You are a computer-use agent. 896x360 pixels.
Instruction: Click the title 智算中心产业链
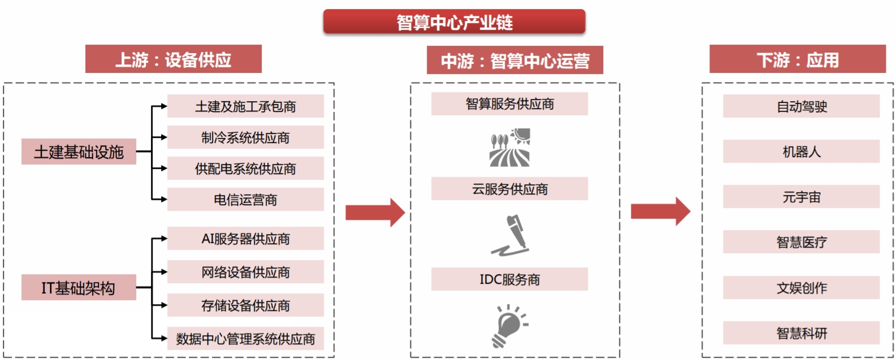pos(454,22)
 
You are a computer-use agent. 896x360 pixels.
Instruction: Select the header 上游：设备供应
pos(173,59)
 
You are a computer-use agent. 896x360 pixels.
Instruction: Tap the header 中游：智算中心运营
pos(514,60)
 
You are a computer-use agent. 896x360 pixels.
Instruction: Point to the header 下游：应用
pos(797,59)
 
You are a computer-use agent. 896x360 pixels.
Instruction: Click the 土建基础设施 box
pos(79,151)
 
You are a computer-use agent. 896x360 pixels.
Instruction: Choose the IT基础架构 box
pos(79,288)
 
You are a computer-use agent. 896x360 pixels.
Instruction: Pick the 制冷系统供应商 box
pos(245,137)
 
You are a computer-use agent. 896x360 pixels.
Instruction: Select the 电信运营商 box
pos(245,199)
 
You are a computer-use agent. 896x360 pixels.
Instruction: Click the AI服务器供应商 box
pos(245,238)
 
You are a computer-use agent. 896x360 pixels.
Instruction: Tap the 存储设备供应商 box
pos(245,305)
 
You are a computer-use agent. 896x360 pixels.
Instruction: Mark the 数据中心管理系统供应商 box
pos(245,339)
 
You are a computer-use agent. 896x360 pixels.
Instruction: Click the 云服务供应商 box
pos(509,189)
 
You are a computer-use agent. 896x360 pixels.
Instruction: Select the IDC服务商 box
pos(509,279)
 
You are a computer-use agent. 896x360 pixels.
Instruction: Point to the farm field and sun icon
pos(510,148)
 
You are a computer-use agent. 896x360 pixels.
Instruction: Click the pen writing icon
pos(510,235)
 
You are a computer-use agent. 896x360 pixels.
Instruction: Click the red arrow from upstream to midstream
pos(375,212)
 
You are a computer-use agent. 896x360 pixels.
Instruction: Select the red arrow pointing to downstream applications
pos(660,212)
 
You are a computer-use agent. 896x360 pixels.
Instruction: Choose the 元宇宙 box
pos(801,197)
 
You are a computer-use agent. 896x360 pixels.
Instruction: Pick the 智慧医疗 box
pos(801,242)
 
